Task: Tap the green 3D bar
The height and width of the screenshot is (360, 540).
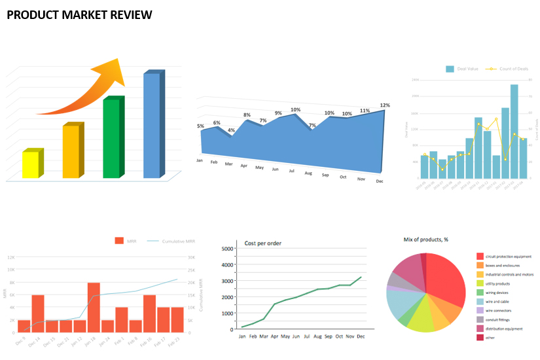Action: (112, 138)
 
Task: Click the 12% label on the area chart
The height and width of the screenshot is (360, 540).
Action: (385, 105)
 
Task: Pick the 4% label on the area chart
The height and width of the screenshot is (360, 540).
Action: (231, 130)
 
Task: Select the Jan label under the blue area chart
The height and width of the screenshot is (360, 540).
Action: (199, 160)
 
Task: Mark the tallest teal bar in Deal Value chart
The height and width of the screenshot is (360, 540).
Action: (514, 131)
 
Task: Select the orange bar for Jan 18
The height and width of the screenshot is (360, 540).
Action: (94, 307)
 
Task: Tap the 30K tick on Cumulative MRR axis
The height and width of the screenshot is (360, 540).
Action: (192, 258)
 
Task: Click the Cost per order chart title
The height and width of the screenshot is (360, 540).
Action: (263, 243)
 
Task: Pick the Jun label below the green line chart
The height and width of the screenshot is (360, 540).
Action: (296, 336)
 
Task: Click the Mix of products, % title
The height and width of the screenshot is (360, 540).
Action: (426, 240)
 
